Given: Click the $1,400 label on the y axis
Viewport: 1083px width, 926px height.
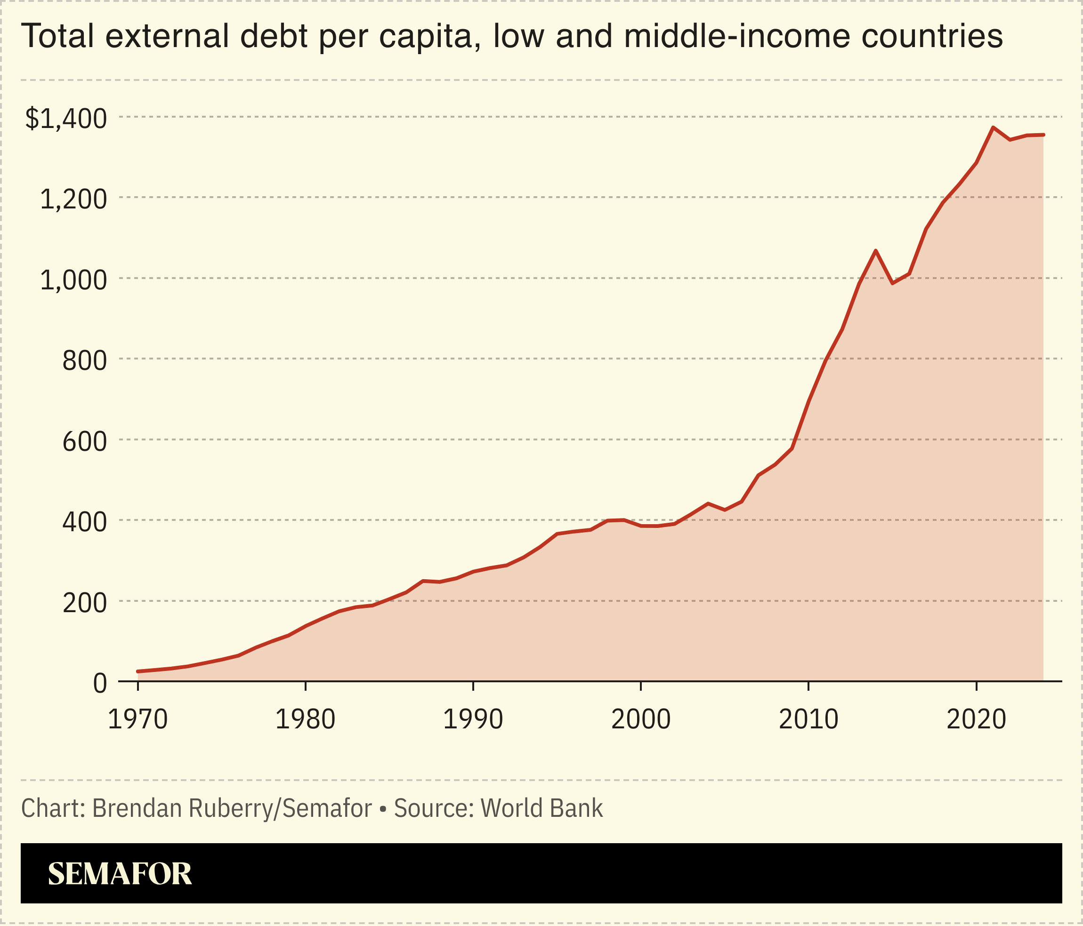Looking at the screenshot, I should (66, 119).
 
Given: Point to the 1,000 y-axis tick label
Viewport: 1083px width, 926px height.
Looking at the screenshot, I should (73, 280).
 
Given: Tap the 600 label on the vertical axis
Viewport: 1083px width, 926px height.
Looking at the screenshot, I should (84, 442).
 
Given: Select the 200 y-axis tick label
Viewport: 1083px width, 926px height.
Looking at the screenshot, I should (84, 604).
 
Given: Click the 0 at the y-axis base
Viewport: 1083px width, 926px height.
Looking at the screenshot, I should (100, 684).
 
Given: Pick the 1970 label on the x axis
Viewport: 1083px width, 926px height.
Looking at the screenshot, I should (137, 720).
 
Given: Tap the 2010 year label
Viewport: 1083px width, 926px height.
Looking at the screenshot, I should (808, 720).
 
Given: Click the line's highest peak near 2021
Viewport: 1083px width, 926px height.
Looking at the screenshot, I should (993, 128).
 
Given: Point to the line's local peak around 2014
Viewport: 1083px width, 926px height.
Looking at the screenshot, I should (875, 251).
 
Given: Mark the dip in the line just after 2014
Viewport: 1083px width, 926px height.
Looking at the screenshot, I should (892, 284).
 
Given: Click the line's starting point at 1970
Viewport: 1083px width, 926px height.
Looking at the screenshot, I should (137, 671).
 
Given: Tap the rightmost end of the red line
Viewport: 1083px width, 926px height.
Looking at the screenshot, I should (1043, 135).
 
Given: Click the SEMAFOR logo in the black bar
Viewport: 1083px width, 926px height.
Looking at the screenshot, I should (120, 874).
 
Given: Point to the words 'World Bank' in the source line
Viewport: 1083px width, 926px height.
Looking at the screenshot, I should (550, 808).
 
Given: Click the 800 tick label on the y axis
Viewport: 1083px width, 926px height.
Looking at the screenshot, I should (84, 361).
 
